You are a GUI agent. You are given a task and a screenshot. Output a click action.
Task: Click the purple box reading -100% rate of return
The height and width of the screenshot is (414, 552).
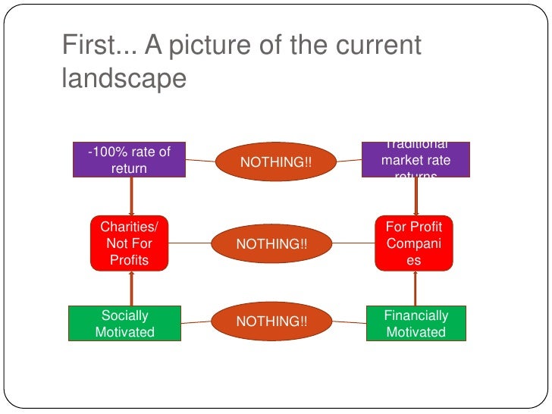pyautogui.click(x=129, y=160)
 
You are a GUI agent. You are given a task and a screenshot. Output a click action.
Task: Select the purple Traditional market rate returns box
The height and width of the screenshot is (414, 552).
pyautogui.click(x=416, y=160)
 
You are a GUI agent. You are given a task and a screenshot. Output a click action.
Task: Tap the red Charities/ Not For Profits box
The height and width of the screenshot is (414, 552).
pyautogui.click(x=130, y=243)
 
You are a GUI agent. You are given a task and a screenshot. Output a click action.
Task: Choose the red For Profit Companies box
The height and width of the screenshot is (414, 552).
pyautogui.click(x=414, y=243)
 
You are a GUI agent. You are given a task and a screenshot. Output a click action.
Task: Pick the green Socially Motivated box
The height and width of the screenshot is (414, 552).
pyautogui.click(x=124, y=323)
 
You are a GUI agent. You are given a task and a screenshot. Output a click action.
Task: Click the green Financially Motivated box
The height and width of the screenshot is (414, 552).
pyautogui.click(x=416, y=323)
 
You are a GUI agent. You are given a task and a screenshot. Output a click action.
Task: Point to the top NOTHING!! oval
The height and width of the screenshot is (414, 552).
pyautogui.click(x=275, y=162)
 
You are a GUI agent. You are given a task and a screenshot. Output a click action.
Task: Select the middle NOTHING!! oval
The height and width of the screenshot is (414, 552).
pyautogui.click(x=272, y=243)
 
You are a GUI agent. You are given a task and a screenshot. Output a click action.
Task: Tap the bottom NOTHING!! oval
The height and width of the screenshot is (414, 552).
pyautogui.click(x=272, y=321)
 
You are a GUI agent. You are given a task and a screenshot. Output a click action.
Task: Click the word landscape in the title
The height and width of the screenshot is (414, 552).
pyautogui.click(x=124, y=78)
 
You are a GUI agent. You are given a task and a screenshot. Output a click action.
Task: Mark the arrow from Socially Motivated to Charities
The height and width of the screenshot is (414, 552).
pyautogui.click(x=132, y=288)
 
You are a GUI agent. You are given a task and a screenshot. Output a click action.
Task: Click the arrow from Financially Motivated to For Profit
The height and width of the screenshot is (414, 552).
pyautogui.click(x=416, y=288)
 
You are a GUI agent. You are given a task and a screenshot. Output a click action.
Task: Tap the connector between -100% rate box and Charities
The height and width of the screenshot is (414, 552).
pyautogui.click(x=131, y=196)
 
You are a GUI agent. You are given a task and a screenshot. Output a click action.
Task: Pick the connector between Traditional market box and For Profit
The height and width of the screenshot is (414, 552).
pyautogui.click(x=416, y=196)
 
